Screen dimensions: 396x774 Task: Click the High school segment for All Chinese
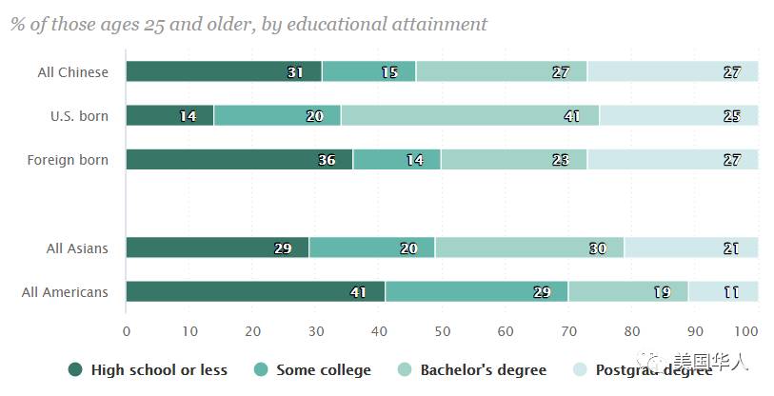[x=223, y=71]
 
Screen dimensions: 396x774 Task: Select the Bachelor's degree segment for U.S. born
[x=470, y=115]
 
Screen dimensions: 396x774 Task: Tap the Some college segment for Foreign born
[x=396, y=159]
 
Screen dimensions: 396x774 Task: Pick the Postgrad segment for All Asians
[x=691, y=247]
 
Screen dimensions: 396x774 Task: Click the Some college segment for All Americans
[x=476, y=291]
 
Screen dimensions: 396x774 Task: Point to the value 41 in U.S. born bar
[x=571, y=116]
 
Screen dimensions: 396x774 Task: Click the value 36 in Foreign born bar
[x=327, y=160]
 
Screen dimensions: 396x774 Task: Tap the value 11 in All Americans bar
[x=731, y=292]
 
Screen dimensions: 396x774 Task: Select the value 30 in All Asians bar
[x=597, y=248]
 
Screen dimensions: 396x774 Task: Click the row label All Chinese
[x=73, y=72]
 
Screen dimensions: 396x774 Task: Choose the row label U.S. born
[x=79, y=116]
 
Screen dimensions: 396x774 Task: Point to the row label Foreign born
[x=68, y=160]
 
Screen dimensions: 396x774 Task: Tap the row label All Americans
[x=65, y=292]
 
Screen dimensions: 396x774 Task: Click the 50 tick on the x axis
[x=442, y=331]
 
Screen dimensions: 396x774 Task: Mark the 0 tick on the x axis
[x=127, y=331]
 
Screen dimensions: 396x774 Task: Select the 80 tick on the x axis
[x=632, y=331]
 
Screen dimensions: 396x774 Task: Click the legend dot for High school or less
[x=75, y=369]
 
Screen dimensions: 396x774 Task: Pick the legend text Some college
[x=324, y=369]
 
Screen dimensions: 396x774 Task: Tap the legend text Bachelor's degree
[x=484, y=369]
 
